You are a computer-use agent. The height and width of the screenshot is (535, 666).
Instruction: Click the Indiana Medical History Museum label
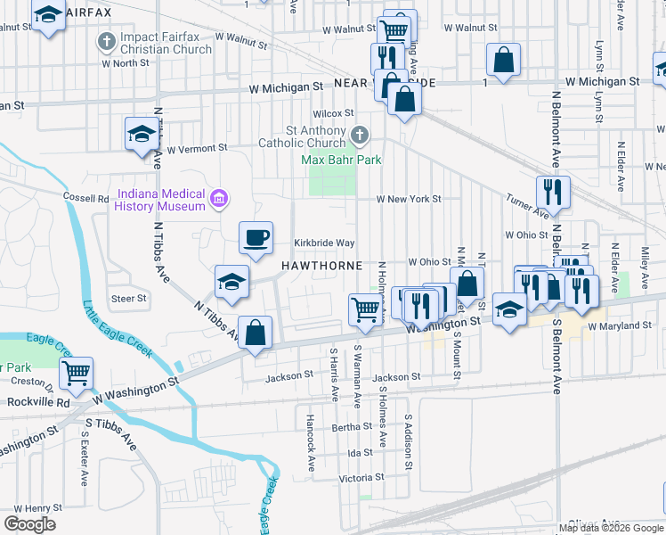[x=160, y=200]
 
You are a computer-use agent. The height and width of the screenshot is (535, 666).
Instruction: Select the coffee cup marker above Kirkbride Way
[x=256, y=237]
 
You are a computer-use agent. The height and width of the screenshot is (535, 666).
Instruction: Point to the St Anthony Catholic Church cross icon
[x=360, y=136]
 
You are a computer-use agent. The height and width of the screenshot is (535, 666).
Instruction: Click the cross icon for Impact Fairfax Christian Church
[x=107, y=41]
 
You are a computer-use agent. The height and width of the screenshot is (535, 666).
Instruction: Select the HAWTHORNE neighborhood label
[x=321, y=266]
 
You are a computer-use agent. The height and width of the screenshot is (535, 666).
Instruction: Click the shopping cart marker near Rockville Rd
[x=77, y=374]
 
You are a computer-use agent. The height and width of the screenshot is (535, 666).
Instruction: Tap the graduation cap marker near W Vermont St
[x=141, y=134]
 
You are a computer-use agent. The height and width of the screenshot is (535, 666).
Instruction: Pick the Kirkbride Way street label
[x=325, y=243]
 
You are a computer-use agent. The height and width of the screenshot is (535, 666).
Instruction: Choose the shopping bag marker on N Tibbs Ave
[x=256, y=333]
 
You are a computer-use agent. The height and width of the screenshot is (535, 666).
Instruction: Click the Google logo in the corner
[x=29, y=523]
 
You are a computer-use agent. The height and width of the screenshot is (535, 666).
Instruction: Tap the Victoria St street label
[x=361, y=477]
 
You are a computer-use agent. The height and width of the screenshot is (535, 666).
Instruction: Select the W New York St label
[x=409, y=199]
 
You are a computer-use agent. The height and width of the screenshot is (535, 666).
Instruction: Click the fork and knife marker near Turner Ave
[x=553, y=192]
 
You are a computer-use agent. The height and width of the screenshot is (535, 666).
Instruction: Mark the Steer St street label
[x=127, y=298]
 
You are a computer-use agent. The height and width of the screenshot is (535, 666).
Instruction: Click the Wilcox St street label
[x=333, y=113]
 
